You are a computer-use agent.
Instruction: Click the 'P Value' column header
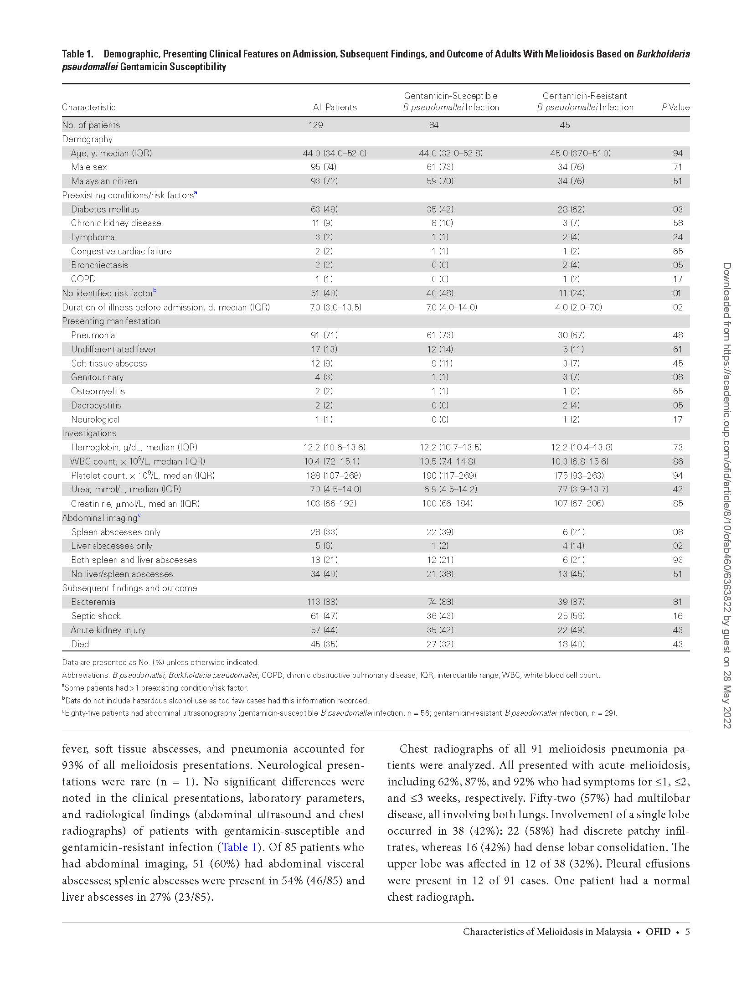tap(675, 108)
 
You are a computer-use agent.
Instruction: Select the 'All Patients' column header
tap(335, 108)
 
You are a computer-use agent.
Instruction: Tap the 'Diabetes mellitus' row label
tap(105, 209)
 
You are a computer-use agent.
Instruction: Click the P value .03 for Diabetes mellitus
tap(677, 209)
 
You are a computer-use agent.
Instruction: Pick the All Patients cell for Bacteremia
tap(324, 602)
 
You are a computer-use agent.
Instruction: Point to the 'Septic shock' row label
tap(96, 616)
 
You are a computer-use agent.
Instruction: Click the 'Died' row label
tap(80, 644)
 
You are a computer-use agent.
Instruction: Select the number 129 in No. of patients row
tap(315, 125)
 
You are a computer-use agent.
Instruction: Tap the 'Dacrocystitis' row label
tap(96, 405)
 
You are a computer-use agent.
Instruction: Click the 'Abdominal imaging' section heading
tap(100, 518)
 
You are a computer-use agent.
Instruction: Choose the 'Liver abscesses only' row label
tap(112, 546)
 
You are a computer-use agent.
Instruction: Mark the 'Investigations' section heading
tap(89, 433)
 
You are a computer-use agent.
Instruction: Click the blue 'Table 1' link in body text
tap(239, 847)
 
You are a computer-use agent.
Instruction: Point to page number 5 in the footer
tap(687, 932)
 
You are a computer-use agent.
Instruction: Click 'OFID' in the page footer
tap(658, 932)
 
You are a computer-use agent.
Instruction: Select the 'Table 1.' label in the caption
tap(77, 54)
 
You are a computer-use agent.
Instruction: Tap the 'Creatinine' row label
tap(135, 504)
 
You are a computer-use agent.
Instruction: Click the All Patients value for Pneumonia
tap(324, 335)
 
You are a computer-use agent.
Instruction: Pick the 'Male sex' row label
tap(89, 167)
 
